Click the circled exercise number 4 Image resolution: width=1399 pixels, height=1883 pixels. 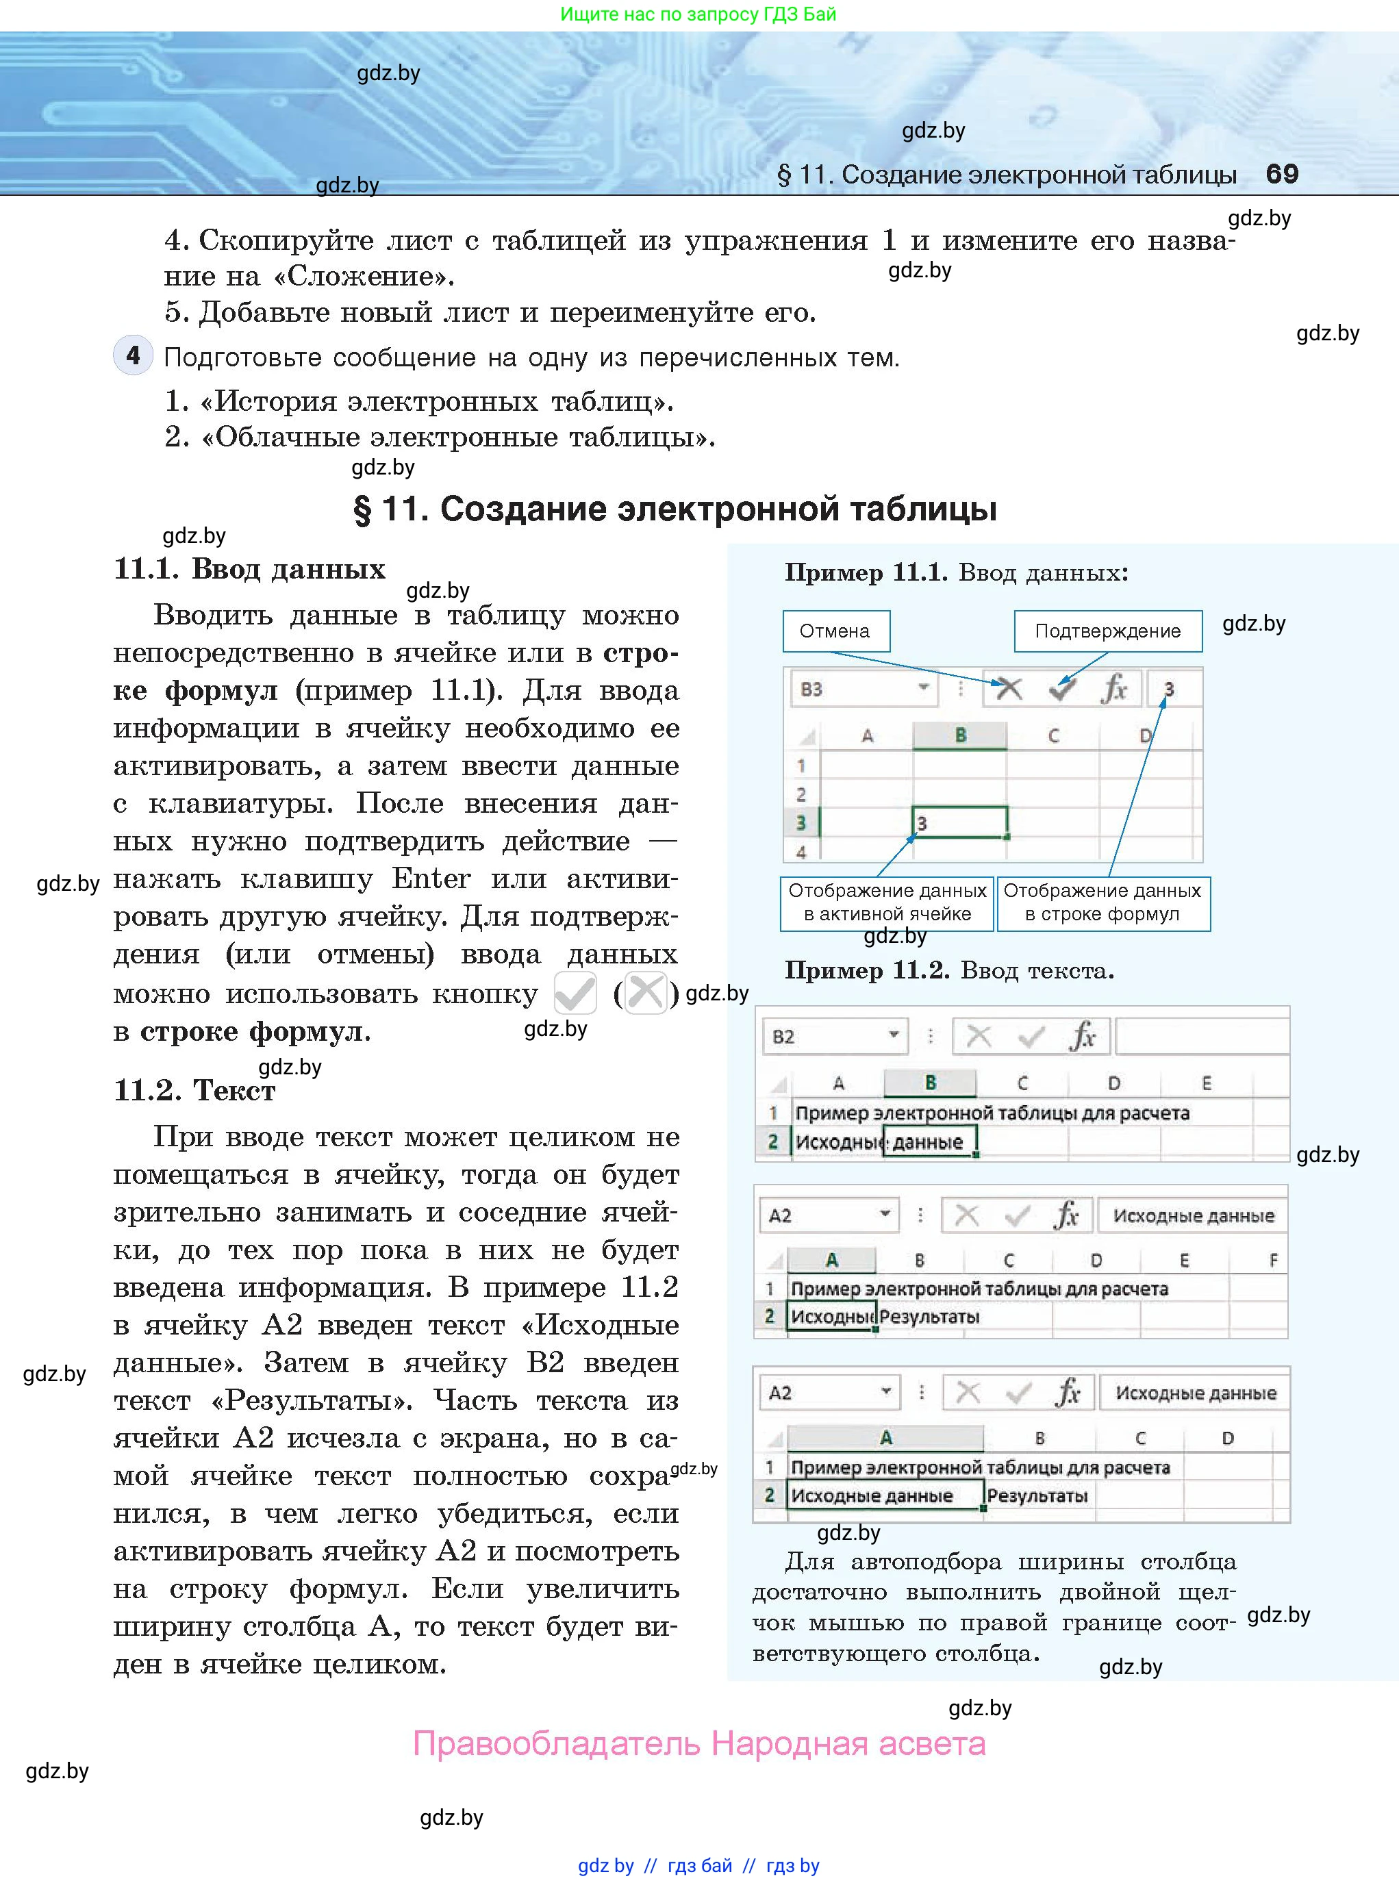point(133,355)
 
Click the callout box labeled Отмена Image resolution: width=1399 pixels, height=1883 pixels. point(835,631)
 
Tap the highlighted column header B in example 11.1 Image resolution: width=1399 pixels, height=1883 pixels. point(959,735)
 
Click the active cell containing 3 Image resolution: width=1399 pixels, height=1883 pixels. point(959,822)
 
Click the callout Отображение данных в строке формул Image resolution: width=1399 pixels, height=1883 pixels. point(1102,902)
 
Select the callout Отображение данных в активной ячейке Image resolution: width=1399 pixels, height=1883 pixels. point(887,902)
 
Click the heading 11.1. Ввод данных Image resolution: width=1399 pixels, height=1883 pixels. point(250,568)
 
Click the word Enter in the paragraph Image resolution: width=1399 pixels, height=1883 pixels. point(430,879)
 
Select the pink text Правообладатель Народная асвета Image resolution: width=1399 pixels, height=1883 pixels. point(698,1743)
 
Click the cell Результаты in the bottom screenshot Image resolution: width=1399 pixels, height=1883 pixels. point(1037,1495)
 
